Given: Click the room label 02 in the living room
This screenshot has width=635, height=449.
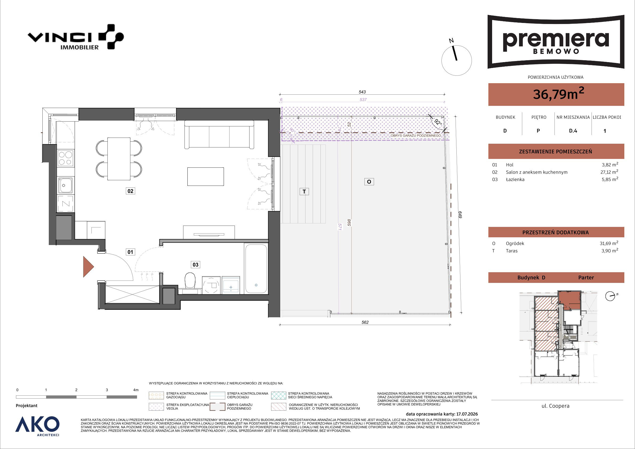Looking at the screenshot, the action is [x=130, y=191].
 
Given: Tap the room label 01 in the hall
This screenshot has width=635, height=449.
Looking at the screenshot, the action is [x=130, y=252].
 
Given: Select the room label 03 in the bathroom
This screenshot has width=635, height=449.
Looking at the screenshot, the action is [x=195, y=265].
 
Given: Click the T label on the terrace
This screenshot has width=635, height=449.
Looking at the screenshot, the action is [x=304, y=191].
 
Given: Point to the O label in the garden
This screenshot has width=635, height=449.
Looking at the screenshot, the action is [x=369, y=182].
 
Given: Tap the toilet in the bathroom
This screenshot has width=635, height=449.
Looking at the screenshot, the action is [x=190, y=280].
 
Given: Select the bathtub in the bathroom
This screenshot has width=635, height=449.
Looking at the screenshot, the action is [x=256, y=268].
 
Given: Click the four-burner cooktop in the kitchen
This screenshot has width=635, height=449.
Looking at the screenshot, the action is [x=66, y=158].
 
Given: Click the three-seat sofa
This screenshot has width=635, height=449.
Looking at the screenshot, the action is [x=219, y=135].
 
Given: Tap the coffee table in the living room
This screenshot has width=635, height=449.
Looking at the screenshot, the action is [x=206, y=177].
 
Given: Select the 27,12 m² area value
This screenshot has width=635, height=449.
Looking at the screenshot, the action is [x=610, y=172].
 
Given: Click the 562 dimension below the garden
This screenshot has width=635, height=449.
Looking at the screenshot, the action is [x=365, y=322].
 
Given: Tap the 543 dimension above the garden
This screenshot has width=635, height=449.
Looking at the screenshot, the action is [x=362, y=92].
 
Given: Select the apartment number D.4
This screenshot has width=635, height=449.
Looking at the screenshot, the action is [x=573, y=131].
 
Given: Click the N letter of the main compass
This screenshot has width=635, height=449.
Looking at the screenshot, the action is [x=451, y=41].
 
